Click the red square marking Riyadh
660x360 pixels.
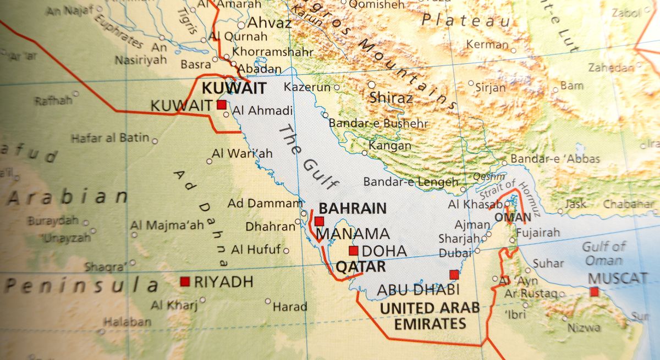coord(185,281)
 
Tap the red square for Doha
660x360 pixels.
coord(354,251)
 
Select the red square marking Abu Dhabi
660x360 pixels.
coord(454,275)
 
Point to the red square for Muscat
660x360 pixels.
coord(594,291)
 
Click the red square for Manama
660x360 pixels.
coord(320,221)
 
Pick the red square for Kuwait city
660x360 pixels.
coord(222,105)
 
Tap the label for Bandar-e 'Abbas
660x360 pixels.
coord(555,159)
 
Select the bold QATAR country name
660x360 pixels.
coord(360,267)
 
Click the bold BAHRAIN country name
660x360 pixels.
coord(353,208)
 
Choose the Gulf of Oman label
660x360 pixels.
coord(604,253)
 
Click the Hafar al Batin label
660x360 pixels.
coord(110,138)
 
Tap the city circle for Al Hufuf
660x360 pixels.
coord(286,251)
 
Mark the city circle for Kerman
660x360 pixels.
coord(513,51)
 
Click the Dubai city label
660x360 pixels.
coord(455,253)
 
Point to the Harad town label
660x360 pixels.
coord(289,306)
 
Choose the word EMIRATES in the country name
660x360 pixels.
coord(431,324)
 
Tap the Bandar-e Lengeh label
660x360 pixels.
coord(410,182)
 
